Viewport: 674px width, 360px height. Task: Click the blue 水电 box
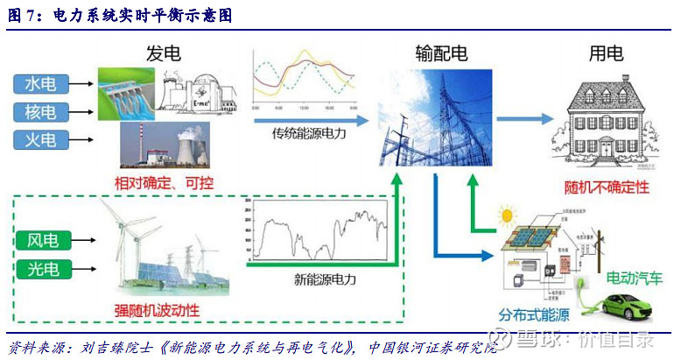tap(40, 84)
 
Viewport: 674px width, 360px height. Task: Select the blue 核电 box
tap(40, 112)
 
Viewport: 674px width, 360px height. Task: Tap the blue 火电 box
tap(40, 140)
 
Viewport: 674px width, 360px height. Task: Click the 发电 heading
tap(163, 53)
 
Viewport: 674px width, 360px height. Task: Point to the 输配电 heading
tap(441, 53)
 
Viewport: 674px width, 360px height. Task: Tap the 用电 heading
tap(606, 53)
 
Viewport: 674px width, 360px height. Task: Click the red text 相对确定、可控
tap(164, 183)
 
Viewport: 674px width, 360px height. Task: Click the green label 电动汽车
tap(634, 279)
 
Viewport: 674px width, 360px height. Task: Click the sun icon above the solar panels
tap(505, 215)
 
